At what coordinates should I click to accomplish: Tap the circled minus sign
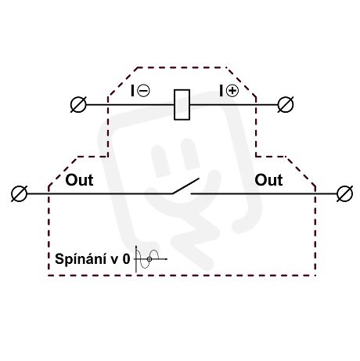pos(143,91)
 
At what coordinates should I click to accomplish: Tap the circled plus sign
pos(232,91)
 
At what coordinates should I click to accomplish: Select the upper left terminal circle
pos(78,105)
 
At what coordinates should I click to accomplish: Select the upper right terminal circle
pos(286,105)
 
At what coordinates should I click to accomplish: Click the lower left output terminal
pos(20,193)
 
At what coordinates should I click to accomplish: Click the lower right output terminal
pos(345,193)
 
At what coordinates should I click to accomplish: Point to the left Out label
pos(79,180)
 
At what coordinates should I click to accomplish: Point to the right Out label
pos(268,180)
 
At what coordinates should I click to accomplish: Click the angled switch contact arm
pos(185,186)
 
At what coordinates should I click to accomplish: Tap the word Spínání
pos(81,259)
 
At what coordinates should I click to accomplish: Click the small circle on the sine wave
pos(149,259)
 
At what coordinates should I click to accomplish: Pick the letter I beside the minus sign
pos(133,91)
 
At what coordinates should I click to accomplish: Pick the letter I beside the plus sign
pos(221,91)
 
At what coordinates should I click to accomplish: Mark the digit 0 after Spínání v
pos(126,259)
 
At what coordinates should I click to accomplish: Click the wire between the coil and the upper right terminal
pos(233,105)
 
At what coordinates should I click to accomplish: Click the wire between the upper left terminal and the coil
pos(130,105)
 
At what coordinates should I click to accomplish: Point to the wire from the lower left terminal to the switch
pos(99,193)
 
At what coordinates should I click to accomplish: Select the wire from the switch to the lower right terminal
pos(264,193)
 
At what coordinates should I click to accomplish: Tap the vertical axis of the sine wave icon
pos(136,259)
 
